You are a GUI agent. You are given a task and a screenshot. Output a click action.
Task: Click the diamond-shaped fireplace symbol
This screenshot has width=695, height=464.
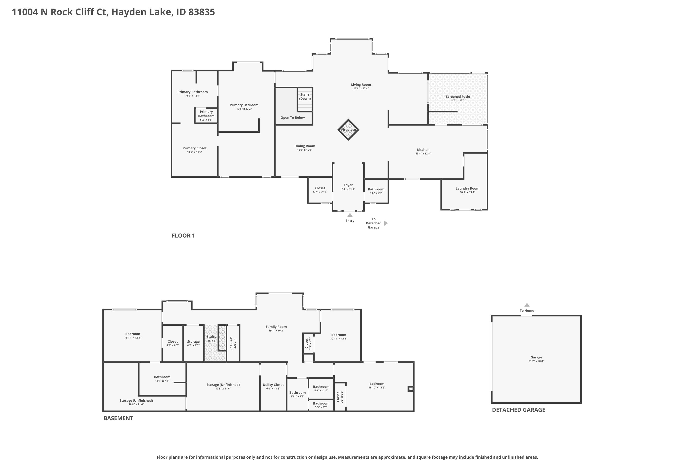(x=348, y=130)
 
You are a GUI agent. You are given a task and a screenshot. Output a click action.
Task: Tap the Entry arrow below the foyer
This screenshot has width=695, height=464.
(x=350, y=215)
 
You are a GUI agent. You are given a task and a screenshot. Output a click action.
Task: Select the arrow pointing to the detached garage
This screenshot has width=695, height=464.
(x=386, y=223)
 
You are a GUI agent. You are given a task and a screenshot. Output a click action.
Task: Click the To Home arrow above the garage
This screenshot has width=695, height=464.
(x=527, y=305)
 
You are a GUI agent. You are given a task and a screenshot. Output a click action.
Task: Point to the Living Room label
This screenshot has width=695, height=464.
(x=361, y=85)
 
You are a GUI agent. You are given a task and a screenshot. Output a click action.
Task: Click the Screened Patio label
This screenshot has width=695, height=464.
(x=458, y=97)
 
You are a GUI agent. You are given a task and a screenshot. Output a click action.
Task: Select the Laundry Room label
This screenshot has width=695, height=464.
(x=467, y=188)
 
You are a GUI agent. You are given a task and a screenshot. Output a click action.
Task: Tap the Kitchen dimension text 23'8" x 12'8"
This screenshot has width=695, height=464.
(x=423, y=154)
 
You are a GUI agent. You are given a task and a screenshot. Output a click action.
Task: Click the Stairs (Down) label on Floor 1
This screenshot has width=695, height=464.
(x=305, y=97)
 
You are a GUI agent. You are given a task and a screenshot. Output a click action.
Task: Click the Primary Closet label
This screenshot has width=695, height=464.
(x=194, y=148)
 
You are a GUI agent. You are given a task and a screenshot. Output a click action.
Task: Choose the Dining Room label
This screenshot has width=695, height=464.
(x=305, y=146)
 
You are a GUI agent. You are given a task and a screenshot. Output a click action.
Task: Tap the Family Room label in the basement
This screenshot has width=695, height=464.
(x=276, y=327)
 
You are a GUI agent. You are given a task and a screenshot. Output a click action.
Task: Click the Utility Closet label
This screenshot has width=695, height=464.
(x=273, y=385)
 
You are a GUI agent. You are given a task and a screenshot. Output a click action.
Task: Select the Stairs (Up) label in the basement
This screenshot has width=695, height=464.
(x=211, y=339)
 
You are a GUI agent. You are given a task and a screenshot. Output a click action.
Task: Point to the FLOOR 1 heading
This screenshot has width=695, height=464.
(x=183, y=235)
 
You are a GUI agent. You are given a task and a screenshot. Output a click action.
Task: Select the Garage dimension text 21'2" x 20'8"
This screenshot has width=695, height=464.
(x=536, y=361)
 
